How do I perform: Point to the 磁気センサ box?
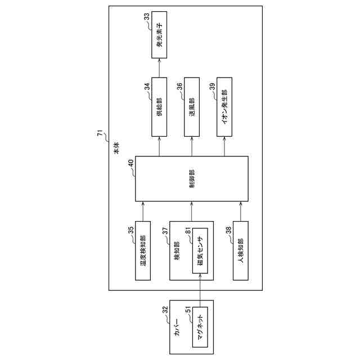[x=201, y=250]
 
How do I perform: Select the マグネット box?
[x=201, y=327]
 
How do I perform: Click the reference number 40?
[x=130, y=163]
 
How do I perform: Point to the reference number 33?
[x=147, y=17]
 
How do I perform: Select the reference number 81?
[x=189, y=231]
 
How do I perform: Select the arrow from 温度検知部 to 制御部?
[x=144, y=211]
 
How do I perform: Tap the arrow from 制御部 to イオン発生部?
[x=225, y=147]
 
